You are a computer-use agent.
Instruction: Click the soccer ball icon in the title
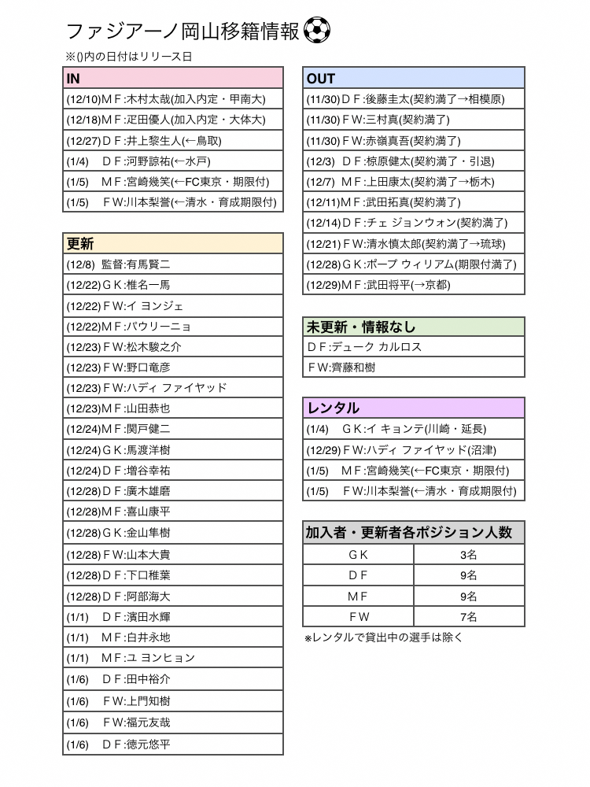click(x=316, y=31)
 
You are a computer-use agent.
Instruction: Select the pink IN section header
click(x=173, y=78)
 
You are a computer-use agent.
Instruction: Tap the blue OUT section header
click(x=414, y=78)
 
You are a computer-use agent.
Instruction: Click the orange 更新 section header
click(x=173, y=243)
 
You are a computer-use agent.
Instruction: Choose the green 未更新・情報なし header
click(x=414, y=327)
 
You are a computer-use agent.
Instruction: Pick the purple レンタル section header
click(x=414, y=408)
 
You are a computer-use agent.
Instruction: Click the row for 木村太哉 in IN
click(x=173, y=99)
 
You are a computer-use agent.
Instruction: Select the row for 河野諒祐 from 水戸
click(x=173, y=161)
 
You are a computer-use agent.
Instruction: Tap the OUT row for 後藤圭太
click(x=414, y=99)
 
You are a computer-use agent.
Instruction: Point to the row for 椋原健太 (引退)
click(x=414, y=161)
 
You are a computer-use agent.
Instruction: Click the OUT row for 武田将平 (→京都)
click(x=414, y=285)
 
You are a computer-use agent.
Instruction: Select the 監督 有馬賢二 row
click(x=173, y=264)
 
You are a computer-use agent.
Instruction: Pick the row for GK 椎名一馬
click(x=173, y=285)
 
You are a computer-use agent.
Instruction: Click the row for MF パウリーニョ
click(x=173, y=327)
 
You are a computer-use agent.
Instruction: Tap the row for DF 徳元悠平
click(x=173, y=745)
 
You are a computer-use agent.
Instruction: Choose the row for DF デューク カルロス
click(x=414, y=347)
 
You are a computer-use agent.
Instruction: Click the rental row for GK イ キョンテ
click(x=414, y=429)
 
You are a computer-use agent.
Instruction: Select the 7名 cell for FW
click(x=469, y=616)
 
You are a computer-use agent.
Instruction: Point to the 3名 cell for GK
click(x=469, y=554)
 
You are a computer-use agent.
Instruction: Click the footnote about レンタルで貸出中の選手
click(x=384, y=637)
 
